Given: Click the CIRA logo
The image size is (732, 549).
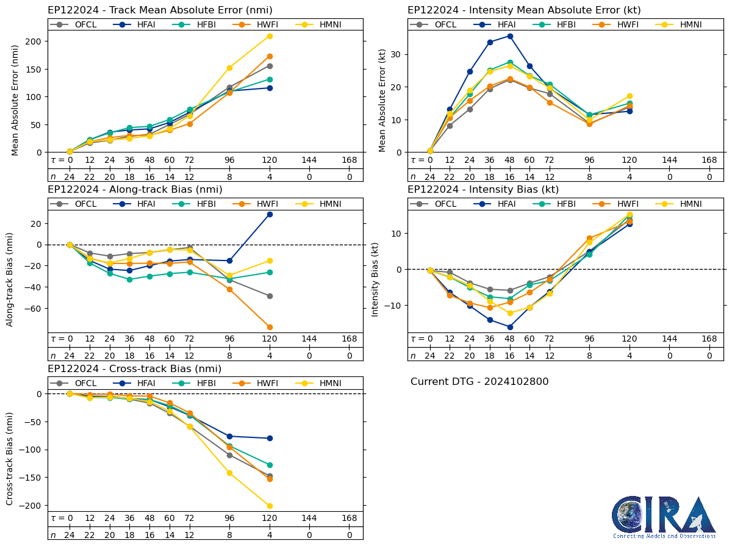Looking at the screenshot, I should (664, 516).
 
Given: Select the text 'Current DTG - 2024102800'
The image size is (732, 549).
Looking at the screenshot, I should (479, 382).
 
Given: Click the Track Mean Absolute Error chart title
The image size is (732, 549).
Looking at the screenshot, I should (160, 10).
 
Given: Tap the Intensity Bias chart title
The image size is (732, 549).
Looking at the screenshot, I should (483, 189).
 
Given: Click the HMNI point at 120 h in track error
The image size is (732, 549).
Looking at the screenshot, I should (270, 36).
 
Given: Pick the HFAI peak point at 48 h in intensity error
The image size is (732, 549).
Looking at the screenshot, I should (510, 36).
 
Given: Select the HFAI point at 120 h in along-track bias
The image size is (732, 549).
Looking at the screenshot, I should (270, 214).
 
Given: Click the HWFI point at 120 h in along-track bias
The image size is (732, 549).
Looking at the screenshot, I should (270, 327).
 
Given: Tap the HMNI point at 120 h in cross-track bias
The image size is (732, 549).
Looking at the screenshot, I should (270, 506).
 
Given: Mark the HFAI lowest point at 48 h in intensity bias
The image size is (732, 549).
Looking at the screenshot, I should (510, 327).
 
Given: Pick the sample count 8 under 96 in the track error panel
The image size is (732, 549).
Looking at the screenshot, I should (229, 177).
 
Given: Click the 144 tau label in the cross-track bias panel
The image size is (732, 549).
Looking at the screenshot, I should (309, 518).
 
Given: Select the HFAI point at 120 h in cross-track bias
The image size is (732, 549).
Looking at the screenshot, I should (270, 438).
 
